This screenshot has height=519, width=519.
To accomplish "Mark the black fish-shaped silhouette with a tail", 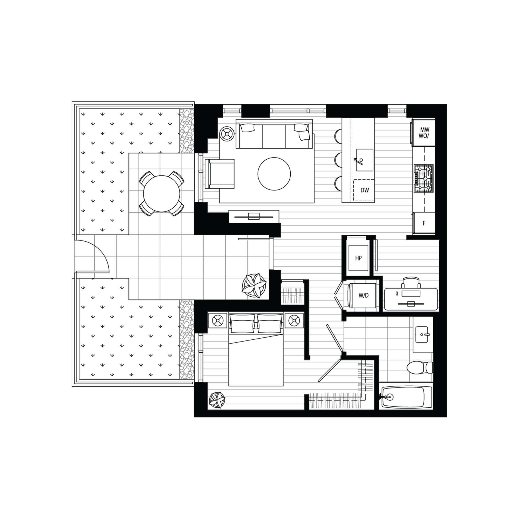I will coord(411,298).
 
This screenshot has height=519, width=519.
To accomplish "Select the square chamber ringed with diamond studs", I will coord(361,295).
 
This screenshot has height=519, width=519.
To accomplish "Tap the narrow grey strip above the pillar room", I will coord(187,130).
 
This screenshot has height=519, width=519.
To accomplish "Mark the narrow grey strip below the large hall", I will coord(187,340).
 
